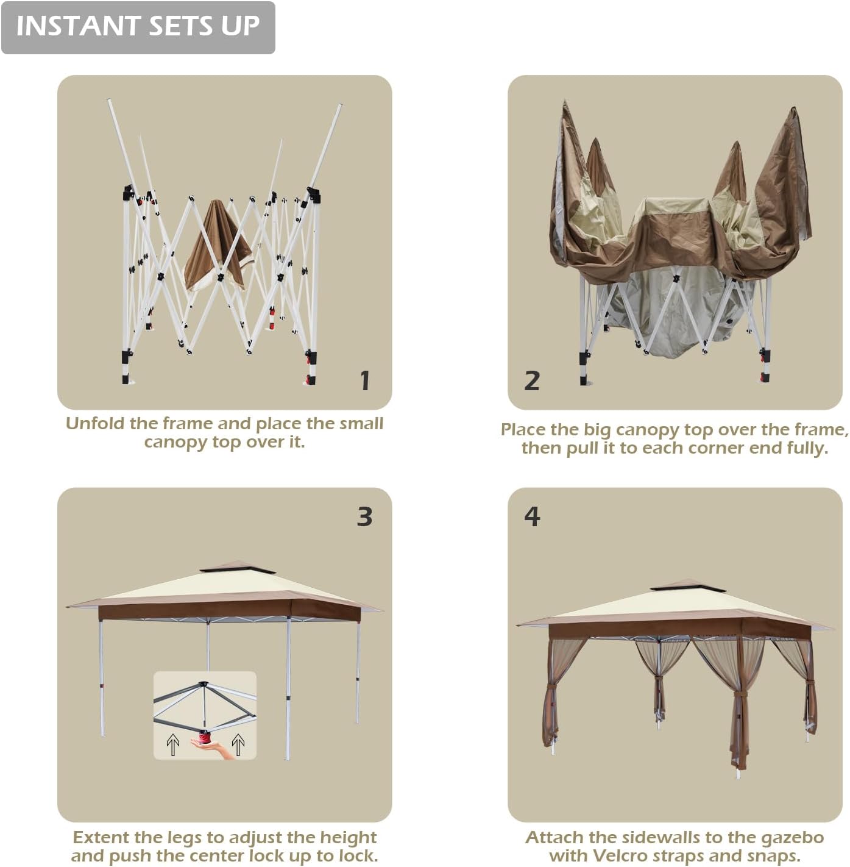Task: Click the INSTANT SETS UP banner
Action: click(138, 27)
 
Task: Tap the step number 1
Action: click(365, 380)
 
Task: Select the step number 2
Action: click(531, 380)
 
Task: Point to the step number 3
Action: click(365, 516)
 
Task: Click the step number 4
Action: click(532, 516)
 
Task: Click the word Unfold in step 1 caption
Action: click(95, 423)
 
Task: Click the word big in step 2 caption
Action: click(598, 430)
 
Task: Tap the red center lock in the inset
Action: click(205, 738)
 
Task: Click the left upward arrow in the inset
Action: click(172, 745)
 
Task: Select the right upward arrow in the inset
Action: click(238, 745)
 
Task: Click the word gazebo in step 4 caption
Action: click(796, 837)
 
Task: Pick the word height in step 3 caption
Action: click(347, 838)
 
